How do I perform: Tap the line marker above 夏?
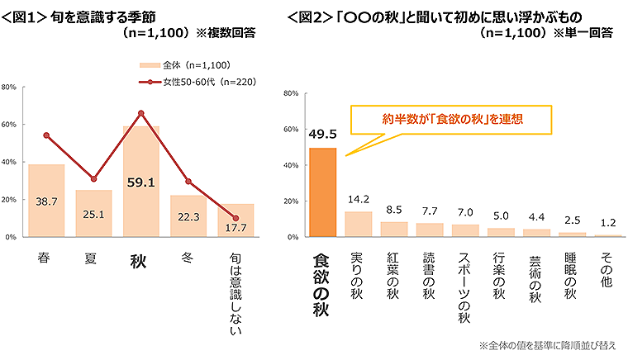pyautogui.click(x=93, y=178)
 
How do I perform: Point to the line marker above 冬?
pyautogui.click(x=188, y=181)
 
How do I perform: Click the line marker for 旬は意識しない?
pyautogui.click(x=235, y=218)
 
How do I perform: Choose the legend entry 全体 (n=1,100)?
pyautogui.click(x=184, y=64)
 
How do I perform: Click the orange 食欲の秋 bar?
pyautogui.click(x=322, y=192)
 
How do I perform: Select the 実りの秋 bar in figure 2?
pyautogui.click(x=358, y=224)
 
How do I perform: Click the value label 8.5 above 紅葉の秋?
pyautogui.click(x=393, y=210)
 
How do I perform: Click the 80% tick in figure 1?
pyautogui.click(x=10, y=86)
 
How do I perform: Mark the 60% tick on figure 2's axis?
pyautogui.click(x=290, y=130)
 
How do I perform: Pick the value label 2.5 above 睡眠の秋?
pyautogui.click(x=571, y=221)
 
